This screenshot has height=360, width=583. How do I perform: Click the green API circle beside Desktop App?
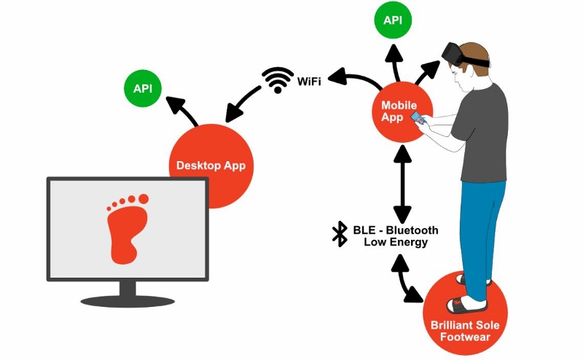coord(143,89)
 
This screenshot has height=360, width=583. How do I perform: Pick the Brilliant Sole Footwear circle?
coord(464,320)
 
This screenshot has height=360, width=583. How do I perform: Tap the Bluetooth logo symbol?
coord(340,234)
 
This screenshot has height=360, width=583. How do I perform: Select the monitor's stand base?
coord(128,300)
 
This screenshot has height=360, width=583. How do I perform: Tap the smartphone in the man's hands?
coord(418,117)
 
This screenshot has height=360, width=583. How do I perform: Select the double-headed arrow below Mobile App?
coord(402,184)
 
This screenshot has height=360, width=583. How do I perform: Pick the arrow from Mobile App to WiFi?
coord(353,78)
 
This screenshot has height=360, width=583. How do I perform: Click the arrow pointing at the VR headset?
coord(427,73)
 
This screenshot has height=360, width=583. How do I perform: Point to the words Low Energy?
coord(395,243)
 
